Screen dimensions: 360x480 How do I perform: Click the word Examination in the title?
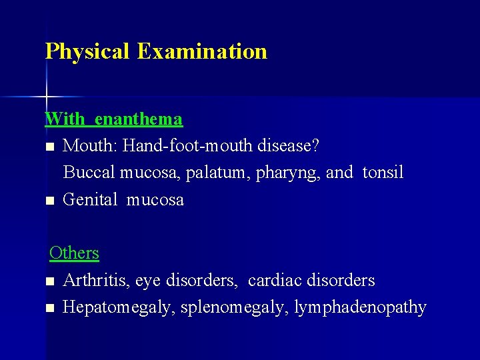[x=202, y=51]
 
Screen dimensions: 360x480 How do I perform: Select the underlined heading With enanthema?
[x=113, y=119]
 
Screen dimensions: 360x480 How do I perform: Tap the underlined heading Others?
[x=74, y=253]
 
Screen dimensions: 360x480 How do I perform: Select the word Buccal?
[x=89, y=173]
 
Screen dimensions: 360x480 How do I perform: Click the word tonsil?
[x=383, y=173]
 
